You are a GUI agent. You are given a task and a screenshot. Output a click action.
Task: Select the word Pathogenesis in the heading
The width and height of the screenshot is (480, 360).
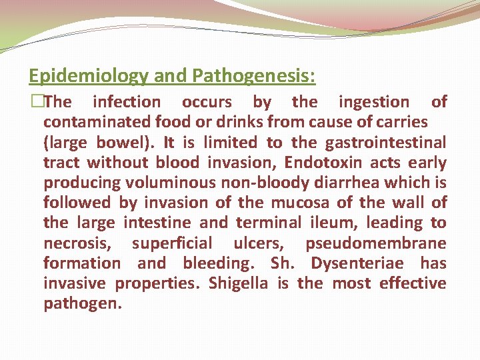coord(253,76)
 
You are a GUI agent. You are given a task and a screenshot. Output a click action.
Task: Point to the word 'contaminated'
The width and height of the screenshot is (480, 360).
coord(97,122)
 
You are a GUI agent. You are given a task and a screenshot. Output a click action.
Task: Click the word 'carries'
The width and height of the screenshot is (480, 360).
coord(400,122)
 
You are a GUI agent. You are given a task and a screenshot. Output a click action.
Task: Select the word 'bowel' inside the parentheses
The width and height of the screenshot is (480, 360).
coord(124,142)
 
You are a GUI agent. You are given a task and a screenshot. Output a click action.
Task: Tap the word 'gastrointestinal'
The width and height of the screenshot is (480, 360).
coord(386,142)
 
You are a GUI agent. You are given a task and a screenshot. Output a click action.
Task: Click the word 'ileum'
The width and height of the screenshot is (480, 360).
coord(319,223)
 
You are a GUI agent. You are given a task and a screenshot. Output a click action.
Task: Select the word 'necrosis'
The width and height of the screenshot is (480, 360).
coord(77,243)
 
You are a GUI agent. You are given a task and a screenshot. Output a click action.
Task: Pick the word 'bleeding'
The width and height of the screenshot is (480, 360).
coord(219,263)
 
